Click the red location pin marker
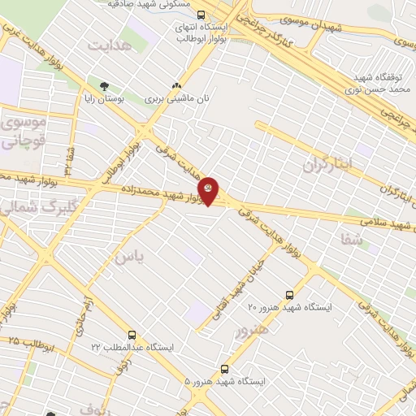pyautogui.click(x=210, y=190)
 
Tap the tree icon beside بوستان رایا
pyautogui.click(x=104, y=85)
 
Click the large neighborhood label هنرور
pyautogui.click(x=251, y=331)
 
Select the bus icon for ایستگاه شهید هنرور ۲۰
pyautogui.click(x=290, y=296)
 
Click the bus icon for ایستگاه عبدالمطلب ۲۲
pyautogui.click(x=132, y=335)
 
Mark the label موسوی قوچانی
pyautogui.click(x=26, y=133)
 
